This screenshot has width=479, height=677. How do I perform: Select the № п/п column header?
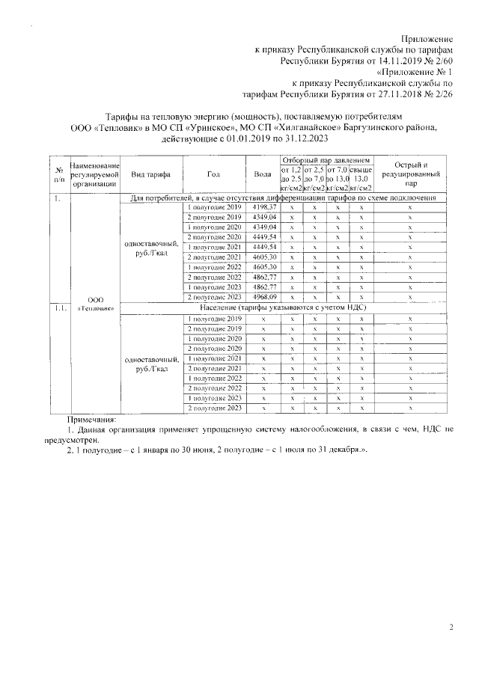click(x=58, y=174)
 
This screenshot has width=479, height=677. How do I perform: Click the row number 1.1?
click(x=58, y=307)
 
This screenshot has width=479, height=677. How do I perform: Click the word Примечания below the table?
click(x=92, y=420)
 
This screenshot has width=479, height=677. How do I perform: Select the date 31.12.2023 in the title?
click(x=302, y=138)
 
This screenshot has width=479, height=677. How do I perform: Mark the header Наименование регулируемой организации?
click(x=94, y=174)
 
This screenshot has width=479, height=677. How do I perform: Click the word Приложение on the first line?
click(x=427, y=37)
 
